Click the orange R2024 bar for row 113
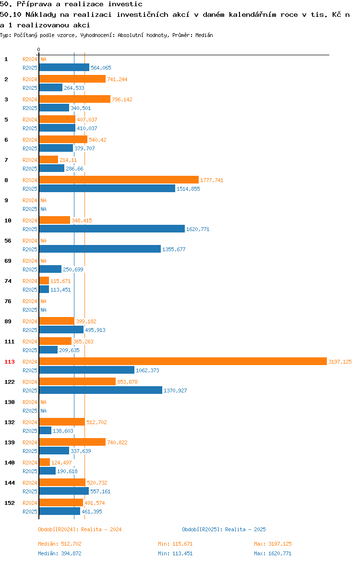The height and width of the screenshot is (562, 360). [x=183, y=362]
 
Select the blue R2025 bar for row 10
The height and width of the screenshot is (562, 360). [x=112, y=229]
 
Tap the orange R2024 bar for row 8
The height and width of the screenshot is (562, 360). [x=119, y=180]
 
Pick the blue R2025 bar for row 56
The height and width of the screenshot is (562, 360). [x=100, y=249]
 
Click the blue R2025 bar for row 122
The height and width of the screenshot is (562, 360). [x=101, y=391]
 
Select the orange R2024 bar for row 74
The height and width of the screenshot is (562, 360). [x=44, y=281]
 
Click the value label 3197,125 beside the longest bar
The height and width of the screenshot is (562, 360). [x=340, y=362]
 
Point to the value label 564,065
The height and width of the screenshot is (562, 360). [x=101, y=68]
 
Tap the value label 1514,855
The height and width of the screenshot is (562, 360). [x=189, y=189]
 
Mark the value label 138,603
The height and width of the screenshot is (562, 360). [x=63, y=431]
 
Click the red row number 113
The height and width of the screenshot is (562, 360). [x=10, y=362]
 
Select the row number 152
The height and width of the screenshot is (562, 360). [x=10, y=503]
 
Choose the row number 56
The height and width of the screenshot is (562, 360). [x=8, y=241]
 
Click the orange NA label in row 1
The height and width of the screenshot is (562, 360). [x=43, y=59]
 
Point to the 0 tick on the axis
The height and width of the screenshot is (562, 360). [x=39, y=49]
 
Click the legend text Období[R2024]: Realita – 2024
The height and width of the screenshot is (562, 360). [x=80, y=529]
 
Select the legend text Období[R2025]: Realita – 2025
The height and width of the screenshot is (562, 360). [x=224, y=529]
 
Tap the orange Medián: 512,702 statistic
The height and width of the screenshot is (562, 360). [x=60, y=544]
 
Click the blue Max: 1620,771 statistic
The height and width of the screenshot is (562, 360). [x=273, y=553]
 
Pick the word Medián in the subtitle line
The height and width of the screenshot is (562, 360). [x=204, y=35]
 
